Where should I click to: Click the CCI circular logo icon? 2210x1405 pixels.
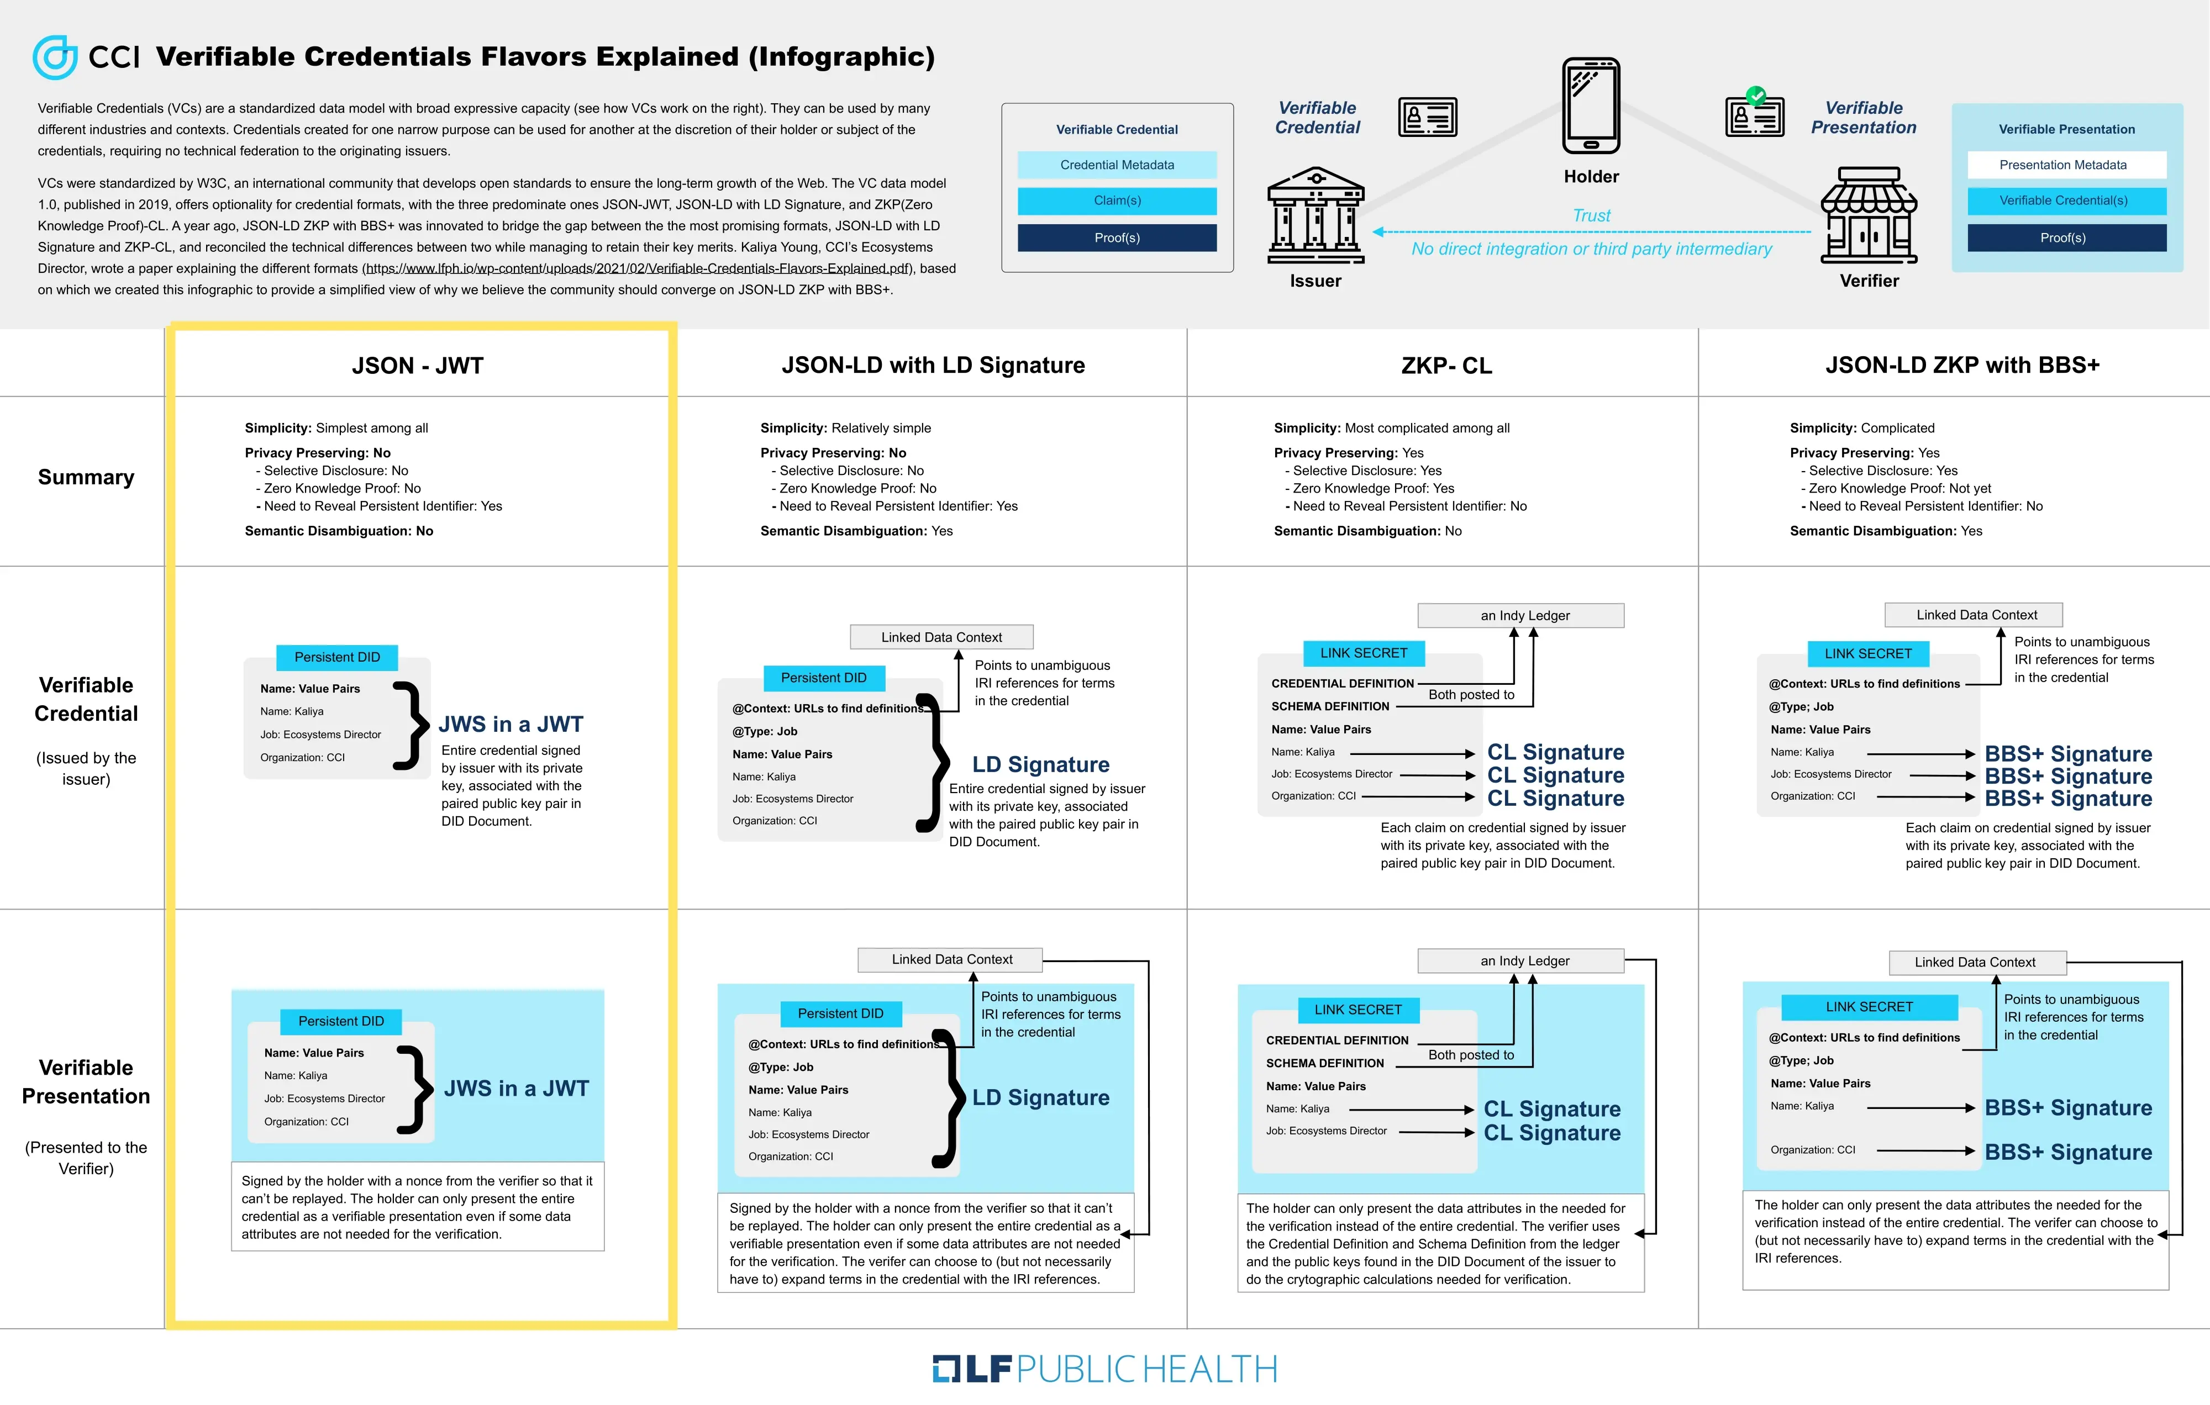55,57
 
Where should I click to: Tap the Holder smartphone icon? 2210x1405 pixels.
1591,105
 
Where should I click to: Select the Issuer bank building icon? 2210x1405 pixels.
1316,215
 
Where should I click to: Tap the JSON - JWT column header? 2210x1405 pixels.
418,365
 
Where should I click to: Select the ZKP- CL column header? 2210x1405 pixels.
1446,365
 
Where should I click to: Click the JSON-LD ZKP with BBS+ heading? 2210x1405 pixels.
1962,365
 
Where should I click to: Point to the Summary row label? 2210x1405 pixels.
86,477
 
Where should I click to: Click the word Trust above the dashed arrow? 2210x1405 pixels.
1591,215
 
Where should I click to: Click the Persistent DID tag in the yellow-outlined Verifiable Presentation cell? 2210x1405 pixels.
341,1021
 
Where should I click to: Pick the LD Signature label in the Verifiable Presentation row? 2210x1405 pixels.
1041,1097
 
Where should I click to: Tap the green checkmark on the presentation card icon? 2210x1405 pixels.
1756,94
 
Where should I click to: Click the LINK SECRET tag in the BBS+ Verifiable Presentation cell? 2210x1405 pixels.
1870,1007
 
